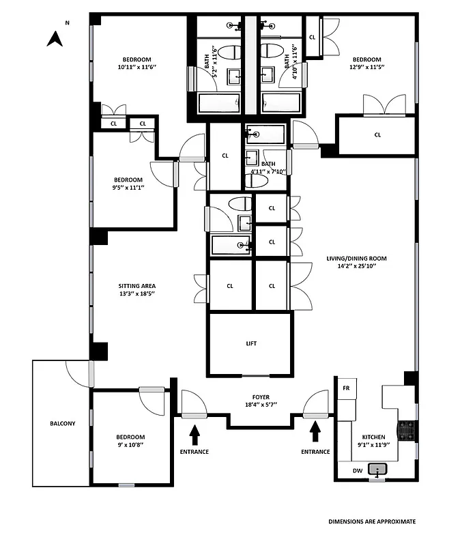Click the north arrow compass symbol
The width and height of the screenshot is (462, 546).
click(55, 38)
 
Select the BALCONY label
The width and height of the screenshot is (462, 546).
click(62, 423)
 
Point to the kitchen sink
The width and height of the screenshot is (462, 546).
click(377, 470)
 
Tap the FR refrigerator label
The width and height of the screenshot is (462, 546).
click(346, 388)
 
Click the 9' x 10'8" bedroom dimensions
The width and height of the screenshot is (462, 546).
click(130, 444)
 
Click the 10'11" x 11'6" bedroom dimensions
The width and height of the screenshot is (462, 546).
click(137, 67)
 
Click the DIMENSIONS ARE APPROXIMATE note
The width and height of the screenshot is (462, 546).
click(371, 521)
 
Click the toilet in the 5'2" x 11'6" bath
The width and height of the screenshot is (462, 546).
click(230, 53)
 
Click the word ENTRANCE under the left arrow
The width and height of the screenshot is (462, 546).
click(194, 452)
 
